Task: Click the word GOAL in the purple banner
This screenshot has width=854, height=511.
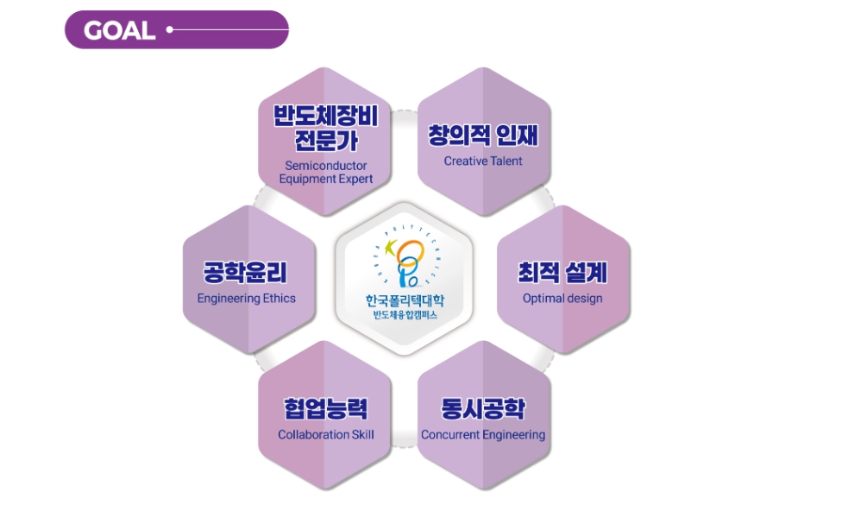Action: point(119,30)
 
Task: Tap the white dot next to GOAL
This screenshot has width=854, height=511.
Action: point(170,29)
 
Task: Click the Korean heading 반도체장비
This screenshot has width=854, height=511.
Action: point(325,115)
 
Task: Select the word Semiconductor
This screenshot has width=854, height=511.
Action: point(326,165)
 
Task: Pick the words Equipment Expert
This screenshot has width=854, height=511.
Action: point(326,179)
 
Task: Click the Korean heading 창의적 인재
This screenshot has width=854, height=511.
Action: point(483,136)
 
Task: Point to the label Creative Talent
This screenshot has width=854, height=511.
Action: point(483,161)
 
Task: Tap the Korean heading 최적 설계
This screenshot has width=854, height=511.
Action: point(562,273)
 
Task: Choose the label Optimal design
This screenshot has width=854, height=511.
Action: point(562,299)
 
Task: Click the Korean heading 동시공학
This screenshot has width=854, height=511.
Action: point(483,408)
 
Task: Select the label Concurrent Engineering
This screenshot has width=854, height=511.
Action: point(483,435)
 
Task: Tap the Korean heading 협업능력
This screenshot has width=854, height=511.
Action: point(326,408)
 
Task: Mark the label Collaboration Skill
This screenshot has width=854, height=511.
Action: point(326,435)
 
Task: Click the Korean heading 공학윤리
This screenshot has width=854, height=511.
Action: point(246,273)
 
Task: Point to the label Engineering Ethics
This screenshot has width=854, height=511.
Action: point(246,299)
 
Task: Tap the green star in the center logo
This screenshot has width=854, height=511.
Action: point(389,248)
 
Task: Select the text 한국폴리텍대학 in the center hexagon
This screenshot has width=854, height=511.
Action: point(405,300)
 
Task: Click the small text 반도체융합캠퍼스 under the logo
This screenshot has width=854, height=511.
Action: point(405,315)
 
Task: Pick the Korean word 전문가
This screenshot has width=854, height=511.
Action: point(326,141)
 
